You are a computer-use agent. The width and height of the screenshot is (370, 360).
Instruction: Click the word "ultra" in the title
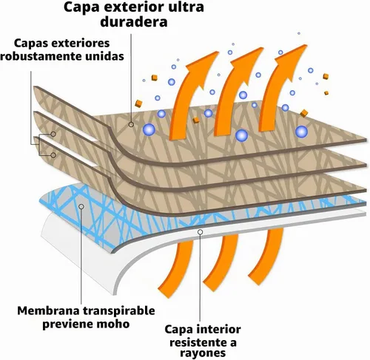[186, 7]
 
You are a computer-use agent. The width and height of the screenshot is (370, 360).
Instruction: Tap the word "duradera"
[134, 21]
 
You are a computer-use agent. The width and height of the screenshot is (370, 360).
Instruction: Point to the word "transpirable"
[118, 311]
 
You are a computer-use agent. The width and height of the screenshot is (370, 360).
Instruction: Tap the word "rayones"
[203, 353]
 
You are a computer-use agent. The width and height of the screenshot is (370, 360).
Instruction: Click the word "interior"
[217, 330]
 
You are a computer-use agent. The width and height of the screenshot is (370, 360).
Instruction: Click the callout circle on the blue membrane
[81, 206]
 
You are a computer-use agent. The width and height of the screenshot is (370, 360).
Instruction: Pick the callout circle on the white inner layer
[201, 232]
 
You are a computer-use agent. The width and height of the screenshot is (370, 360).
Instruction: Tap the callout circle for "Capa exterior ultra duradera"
[131, 125]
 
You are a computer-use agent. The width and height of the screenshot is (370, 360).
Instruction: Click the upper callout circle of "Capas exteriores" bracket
[53, 134]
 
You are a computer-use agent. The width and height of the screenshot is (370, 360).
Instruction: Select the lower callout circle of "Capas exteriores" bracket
[53, 155]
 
